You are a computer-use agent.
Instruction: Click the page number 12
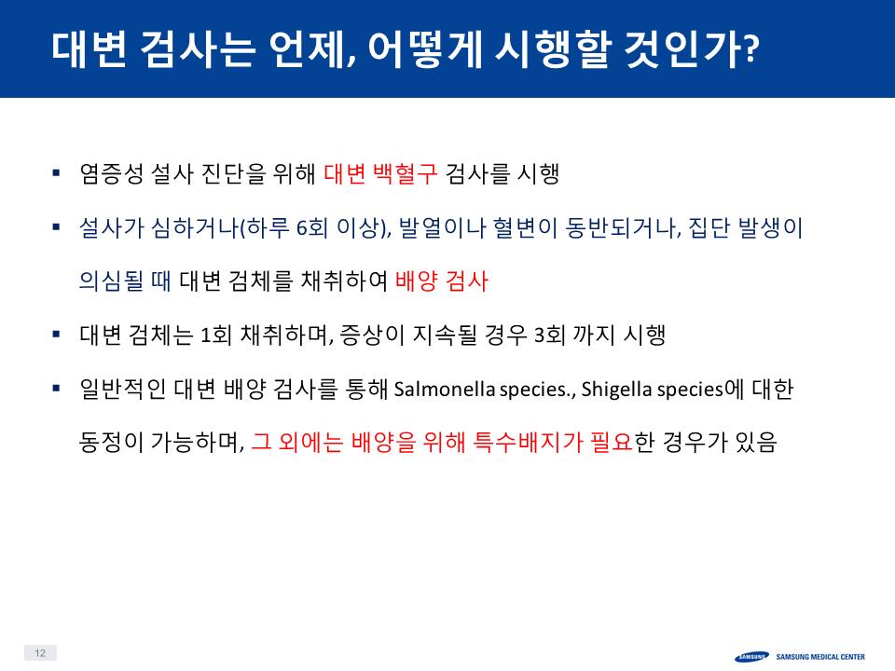point(40,652)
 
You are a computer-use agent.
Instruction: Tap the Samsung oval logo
point(751,657)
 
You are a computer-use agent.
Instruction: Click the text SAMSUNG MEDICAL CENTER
point(820,657)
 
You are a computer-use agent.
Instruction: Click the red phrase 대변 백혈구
point(380,173)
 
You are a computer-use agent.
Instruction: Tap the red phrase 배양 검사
point(441,281)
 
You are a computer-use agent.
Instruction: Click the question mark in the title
point(752,49)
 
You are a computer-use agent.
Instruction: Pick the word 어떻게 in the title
point(425,49)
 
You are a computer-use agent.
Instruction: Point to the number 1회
point(215,335)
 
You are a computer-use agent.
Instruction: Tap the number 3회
point(549,335)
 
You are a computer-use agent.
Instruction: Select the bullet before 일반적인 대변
point(56,388)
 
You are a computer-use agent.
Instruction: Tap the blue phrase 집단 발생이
point(746,227)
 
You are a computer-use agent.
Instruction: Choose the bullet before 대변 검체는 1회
point(56,334)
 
